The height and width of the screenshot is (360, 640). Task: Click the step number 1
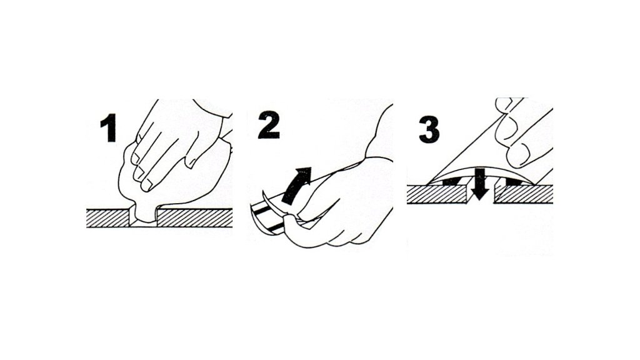(109, 128)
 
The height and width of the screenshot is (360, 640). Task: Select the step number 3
(429, 130)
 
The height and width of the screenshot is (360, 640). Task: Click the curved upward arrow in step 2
(296, 185)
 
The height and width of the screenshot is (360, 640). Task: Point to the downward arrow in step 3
(481, 184)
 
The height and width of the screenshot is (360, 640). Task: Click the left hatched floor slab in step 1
(108, 218)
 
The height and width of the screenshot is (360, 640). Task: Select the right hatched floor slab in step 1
(195, 218)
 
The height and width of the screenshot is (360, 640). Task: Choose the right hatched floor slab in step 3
(524, 194)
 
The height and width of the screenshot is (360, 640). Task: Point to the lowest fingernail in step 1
(147, 186)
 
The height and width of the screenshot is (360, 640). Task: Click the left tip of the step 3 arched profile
(427, 184)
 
